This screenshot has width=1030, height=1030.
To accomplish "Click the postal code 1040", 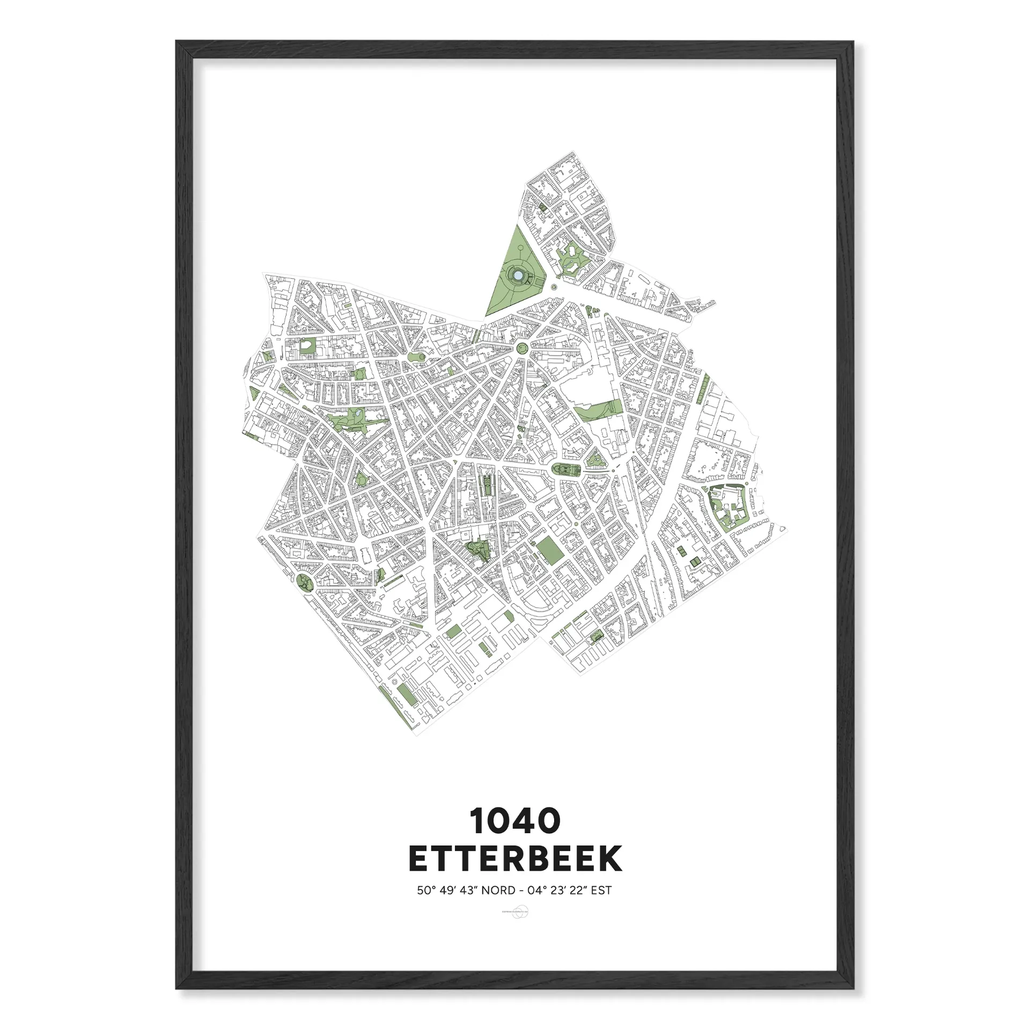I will click(515, 821).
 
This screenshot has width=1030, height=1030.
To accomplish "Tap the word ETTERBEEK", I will click(515, 859).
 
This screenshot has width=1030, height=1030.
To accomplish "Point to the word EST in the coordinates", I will click(600, 891).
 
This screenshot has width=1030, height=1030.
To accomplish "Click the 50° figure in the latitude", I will click(426, 891).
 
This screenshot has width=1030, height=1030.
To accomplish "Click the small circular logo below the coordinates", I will click(515, 913).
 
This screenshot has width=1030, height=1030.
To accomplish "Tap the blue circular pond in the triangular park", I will click(518, 275).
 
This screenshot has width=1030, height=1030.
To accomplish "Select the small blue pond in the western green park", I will click(355, 414).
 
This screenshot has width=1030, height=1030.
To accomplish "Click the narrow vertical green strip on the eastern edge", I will click(704, 388).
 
